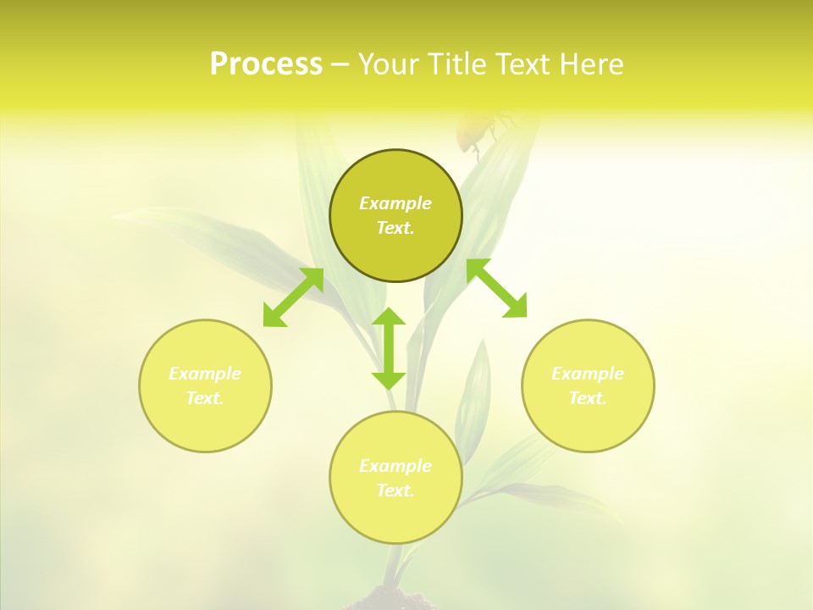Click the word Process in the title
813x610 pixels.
(x=266, y=64)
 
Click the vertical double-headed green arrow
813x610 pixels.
(x=389, y=348)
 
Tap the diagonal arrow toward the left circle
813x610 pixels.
(x=293, y=297)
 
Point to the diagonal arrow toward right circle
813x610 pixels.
(x=497, y=288)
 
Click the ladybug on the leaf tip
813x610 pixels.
(x=474, y=131)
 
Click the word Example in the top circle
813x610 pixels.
(x=395, y=203)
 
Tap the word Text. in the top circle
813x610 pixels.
(x=395, y=228)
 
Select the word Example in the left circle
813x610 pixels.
(x=205, y=374)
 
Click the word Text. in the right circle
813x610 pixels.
(x=588, y=398)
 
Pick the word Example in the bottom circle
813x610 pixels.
(x=395, y=466)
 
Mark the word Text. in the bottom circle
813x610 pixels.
(x=395, y=491)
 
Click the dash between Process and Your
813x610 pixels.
(x=340, y=64)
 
